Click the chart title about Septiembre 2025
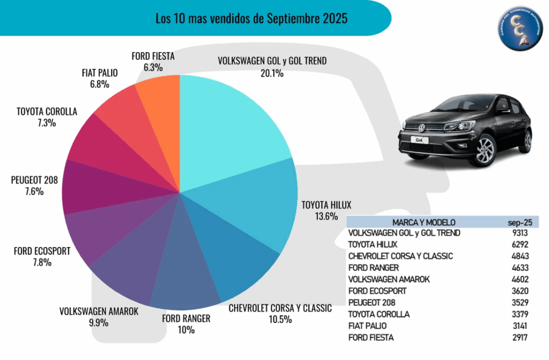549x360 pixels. (x=251, y=19)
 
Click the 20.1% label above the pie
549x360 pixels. (x=272, y=73)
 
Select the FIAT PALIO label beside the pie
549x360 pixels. (x=100, y=73)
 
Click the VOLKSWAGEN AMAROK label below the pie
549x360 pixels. (x=99, y=311)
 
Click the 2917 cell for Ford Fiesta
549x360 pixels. (x=519, y=337)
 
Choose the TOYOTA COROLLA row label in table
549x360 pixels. (x=379, y=314)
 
